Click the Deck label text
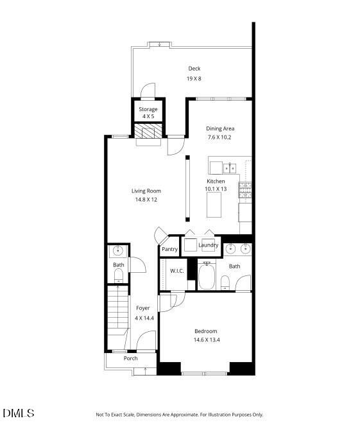(194, 69)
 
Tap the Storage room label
(148, 109)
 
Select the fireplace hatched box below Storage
(148, 131)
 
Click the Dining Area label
(220, 128)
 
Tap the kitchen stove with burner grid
(245, 189)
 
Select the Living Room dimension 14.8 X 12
(146, 200)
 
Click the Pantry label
(169, 249)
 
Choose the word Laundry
(208, 245)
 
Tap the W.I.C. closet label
(177, 271)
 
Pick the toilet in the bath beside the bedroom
(225, 282)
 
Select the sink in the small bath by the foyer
(118, 250)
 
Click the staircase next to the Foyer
(117, 311)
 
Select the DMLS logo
(18, 413)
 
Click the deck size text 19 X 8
(194, 78)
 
